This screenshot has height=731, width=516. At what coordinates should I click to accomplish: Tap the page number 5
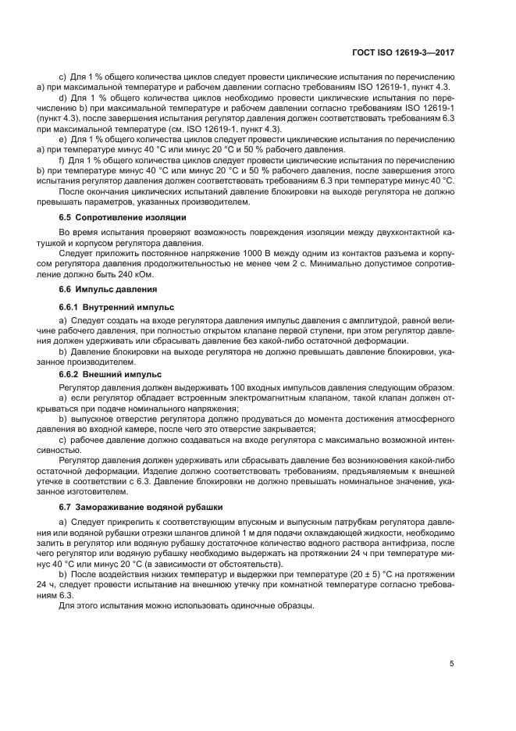pyautogui.click(x=453, y=663)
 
